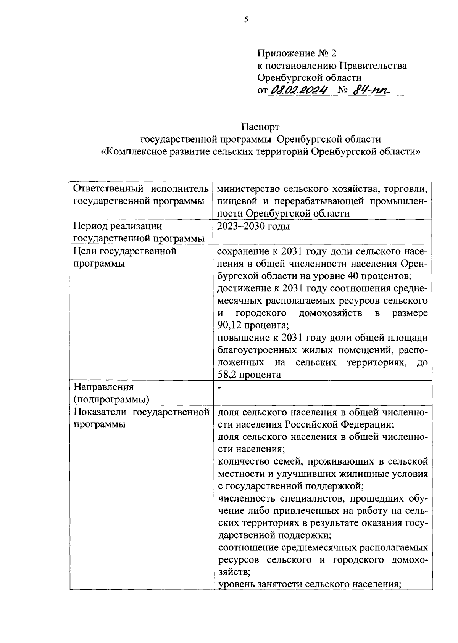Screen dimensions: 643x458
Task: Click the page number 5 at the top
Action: click(x=246, y=20)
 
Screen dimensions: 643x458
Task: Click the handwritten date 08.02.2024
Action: click(x=298, y=90)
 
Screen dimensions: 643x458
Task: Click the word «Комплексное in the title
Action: click(x=134, y=151)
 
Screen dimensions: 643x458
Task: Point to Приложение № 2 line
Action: click(x=297, y=53)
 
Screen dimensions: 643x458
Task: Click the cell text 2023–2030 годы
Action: click(x=253, y=227)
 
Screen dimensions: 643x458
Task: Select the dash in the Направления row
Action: click(x=219, y=387)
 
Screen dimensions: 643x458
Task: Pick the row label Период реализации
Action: click(x=118, y=227)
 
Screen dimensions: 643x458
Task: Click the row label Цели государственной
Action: click(x=124, y=251)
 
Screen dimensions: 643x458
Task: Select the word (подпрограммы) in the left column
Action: click(x=111, y=399)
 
